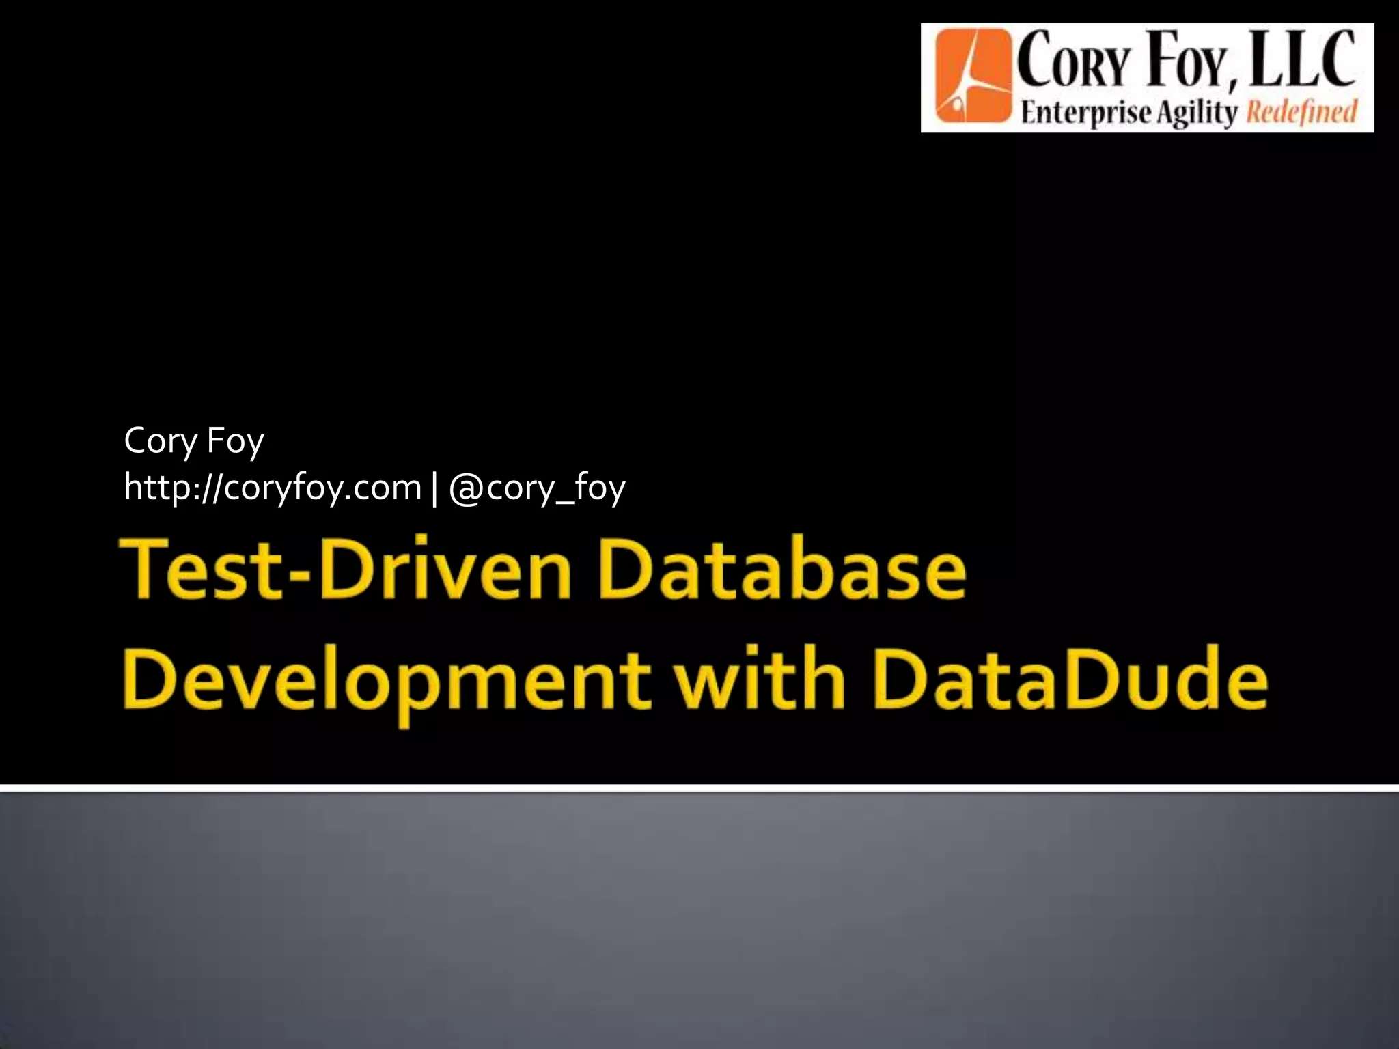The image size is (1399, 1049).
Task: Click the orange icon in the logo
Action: click(973, 76)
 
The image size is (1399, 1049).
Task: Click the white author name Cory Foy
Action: click(194, 440)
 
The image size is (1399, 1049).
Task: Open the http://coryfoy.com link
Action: click(273, 488)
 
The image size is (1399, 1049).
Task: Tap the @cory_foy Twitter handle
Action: click(537, 488)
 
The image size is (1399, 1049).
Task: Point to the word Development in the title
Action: click(387, 682)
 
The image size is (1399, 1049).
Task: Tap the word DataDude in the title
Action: click(1070, 680)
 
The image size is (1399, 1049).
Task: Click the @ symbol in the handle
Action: click(466, 489)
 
